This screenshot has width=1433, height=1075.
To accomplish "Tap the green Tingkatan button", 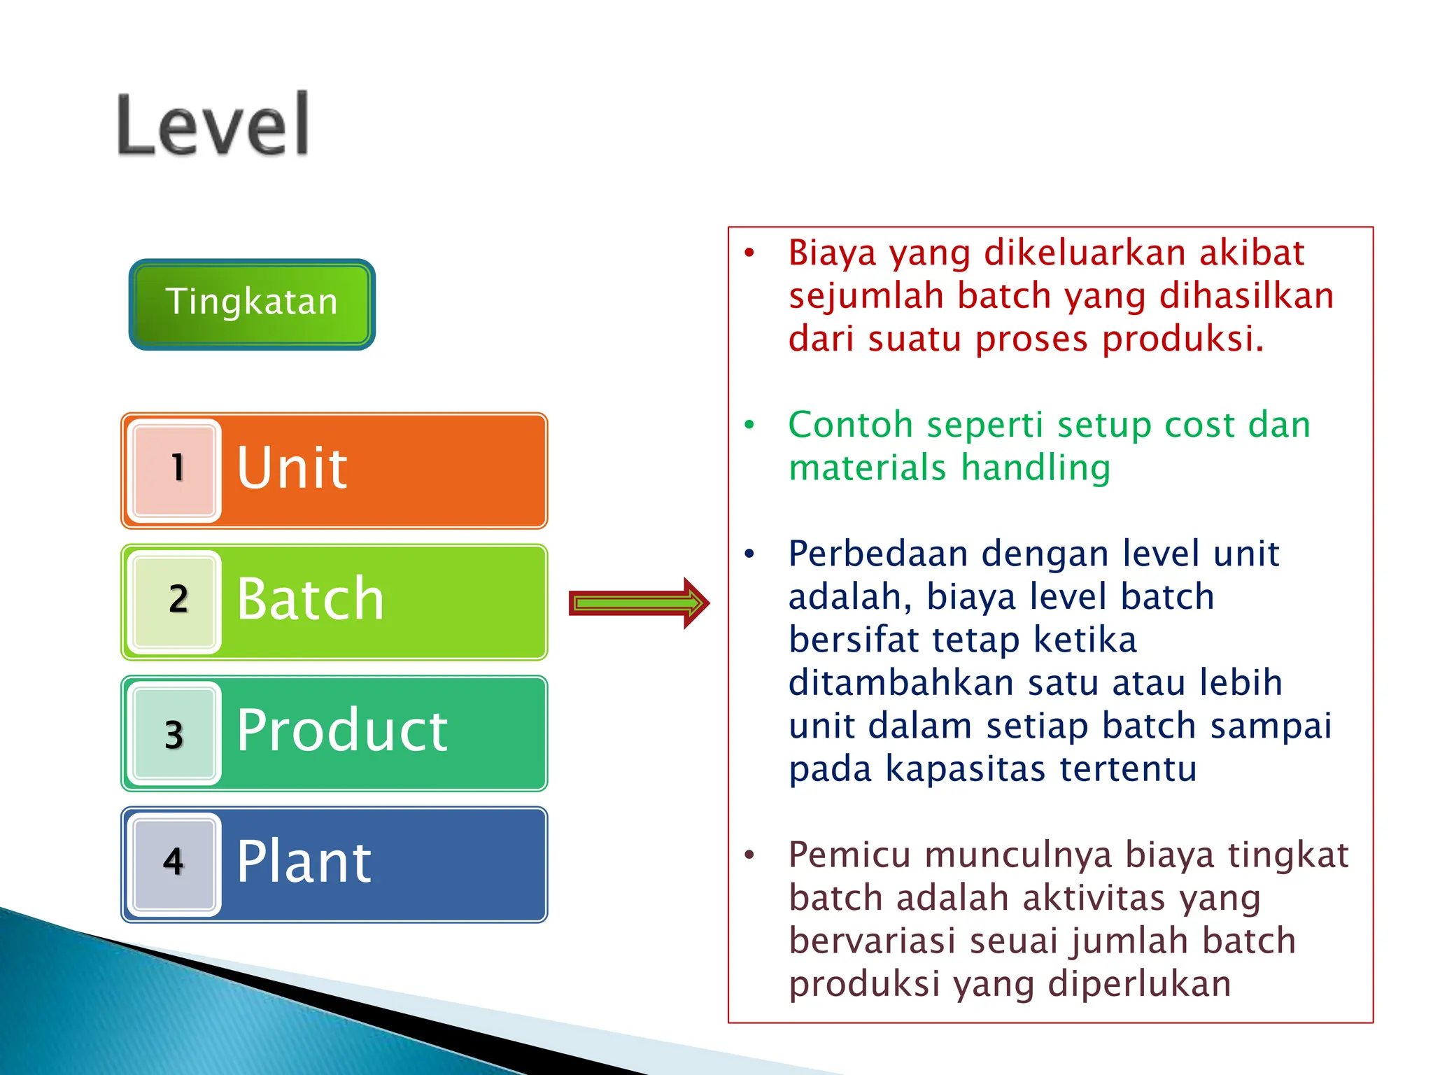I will (x=252, y=304).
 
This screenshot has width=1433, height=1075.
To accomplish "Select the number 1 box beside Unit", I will (x=175, y=470).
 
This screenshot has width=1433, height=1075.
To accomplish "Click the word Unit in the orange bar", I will (x=292, y=468).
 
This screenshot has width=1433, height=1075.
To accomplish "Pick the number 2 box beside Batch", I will (x=175, y=601).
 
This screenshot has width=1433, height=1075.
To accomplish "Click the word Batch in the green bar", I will (x=311, y=599).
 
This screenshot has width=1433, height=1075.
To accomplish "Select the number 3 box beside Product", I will (x=175, y=733).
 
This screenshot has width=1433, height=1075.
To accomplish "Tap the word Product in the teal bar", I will (x=342, y=731).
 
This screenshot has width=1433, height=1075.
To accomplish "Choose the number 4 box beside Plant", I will (x=175, y=864).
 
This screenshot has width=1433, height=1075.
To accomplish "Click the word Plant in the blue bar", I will (x=304, y=862).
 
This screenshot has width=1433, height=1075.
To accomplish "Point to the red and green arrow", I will (x=638, y=603).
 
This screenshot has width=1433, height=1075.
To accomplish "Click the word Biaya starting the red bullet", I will (x=832, y=253).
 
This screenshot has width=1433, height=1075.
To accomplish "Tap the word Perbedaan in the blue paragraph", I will (x=878, y=554).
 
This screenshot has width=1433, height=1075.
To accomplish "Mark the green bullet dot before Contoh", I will (x=749, y=425).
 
